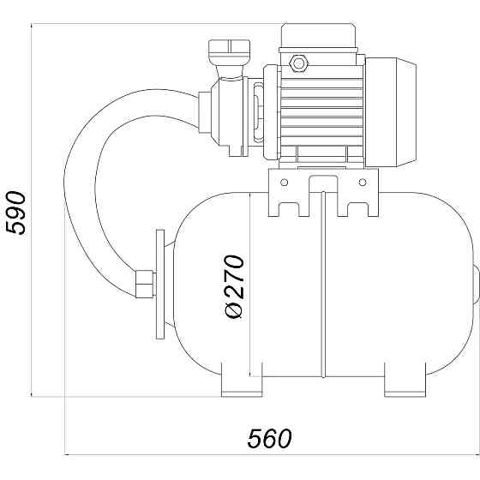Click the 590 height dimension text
coord(16,213)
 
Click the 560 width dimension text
coord(270,438)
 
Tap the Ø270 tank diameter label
coord(235,286)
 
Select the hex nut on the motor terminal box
coord(298,63)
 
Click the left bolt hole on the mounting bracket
coord(284,183)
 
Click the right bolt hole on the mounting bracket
coord(363,183)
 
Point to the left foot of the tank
coord(242,381)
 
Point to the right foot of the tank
coord(405,381)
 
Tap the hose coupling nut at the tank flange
coord(144,284)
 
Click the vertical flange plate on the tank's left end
coord(160,285)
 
